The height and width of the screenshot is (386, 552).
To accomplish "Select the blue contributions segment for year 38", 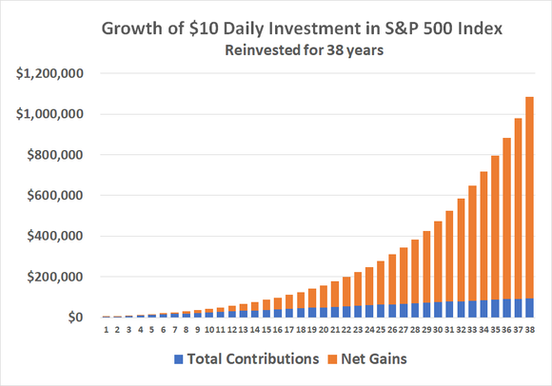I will (x=528, y=308).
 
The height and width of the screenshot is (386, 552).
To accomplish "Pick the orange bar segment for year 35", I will (x=494, y=228).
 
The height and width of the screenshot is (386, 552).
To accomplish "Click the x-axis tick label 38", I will (x=528, y=331).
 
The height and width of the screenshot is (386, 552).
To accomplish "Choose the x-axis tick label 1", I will (x=106, y=331).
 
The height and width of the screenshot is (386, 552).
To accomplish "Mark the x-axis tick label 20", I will (x=323, y=331).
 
